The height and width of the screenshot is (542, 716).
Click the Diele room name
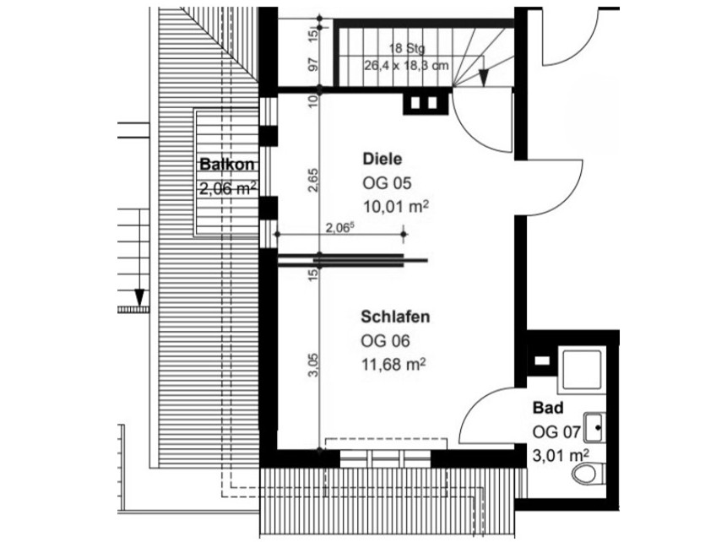[382, 159]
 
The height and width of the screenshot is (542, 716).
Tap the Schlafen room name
[395, 317]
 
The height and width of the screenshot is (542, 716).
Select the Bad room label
[548, 408]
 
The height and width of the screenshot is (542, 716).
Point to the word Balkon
[227, 165]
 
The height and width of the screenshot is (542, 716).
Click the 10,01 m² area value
[396, 207]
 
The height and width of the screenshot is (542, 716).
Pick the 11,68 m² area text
[393, 365]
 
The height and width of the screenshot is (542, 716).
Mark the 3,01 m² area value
[561, 455]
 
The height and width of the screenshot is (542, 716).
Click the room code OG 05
[388, 183]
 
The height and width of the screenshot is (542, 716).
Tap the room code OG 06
[385, 340]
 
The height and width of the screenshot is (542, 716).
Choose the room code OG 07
[556, 431]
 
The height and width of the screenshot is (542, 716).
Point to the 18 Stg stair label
[407, 48]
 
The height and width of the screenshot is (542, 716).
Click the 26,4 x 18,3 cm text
[406, 65]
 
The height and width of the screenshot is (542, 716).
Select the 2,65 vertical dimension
[314, 181]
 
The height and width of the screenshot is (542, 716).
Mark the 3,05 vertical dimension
[314, 365]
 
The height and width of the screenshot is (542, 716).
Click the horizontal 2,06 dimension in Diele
[340, 227]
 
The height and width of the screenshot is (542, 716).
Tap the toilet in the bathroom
[589, 474]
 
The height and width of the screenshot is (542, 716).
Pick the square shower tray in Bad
[582, 371]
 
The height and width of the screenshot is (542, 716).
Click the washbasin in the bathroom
[595, 428]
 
